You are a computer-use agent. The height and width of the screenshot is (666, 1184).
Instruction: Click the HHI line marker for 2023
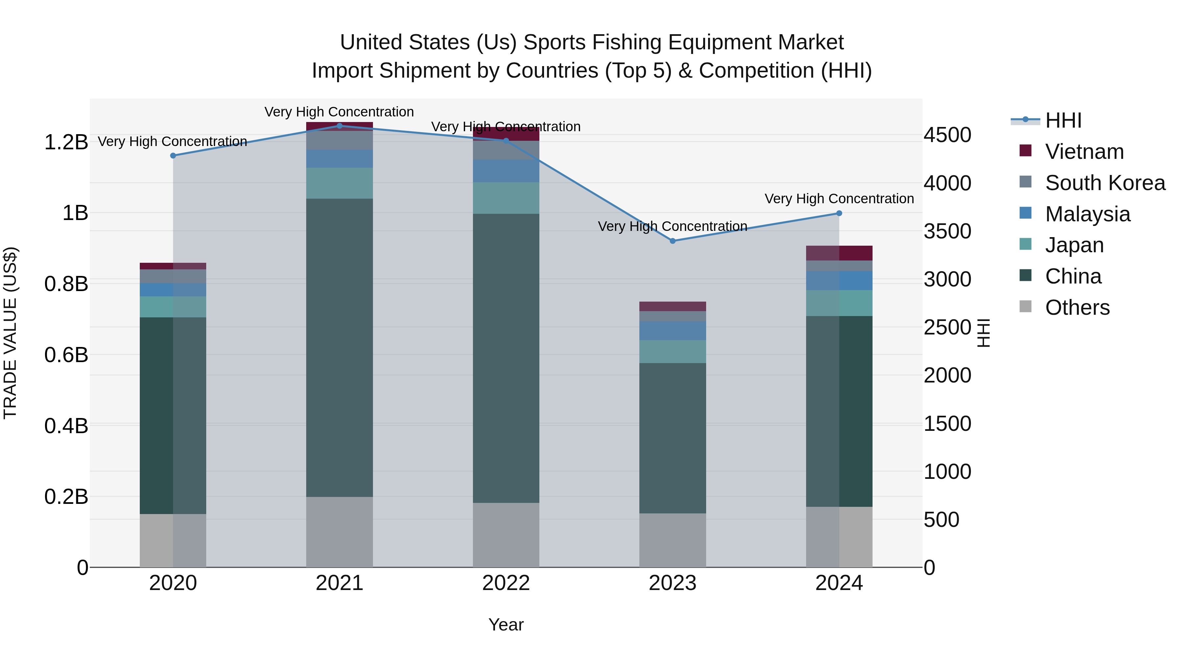click(673, 241)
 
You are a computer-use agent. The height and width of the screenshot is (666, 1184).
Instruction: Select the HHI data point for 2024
click(839, 213)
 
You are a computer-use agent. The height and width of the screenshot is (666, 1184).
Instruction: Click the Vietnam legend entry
click(1084, 152)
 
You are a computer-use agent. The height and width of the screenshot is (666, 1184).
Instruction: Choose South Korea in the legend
click(1105, 183)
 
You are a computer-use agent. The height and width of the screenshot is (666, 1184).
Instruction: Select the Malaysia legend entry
click(1088, 214)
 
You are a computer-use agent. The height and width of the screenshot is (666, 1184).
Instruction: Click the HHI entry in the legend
click(1063, 120)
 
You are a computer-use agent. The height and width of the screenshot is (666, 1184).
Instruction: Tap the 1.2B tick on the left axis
click(66, 142)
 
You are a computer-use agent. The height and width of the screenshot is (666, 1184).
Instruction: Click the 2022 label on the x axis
click(506, 583)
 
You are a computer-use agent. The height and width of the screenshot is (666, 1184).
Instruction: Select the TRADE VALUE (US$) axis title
click(10, 333)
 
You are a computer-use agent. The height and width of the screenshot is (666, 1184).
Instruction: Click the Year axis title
click(506, 625)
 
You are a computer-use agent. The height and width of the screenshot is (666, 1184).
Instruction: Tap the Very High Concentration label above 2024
click(839, 199)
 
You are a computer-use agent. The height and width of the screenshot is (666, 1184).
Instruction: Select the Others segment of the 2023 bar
click(673, 540)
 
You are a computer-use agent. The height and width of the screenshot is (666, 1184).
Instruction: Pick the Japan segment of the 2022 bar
click(506, 198)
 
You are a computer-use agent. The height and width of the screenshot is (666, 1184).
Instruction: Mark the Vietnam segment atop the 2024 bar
click(839, 253)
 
